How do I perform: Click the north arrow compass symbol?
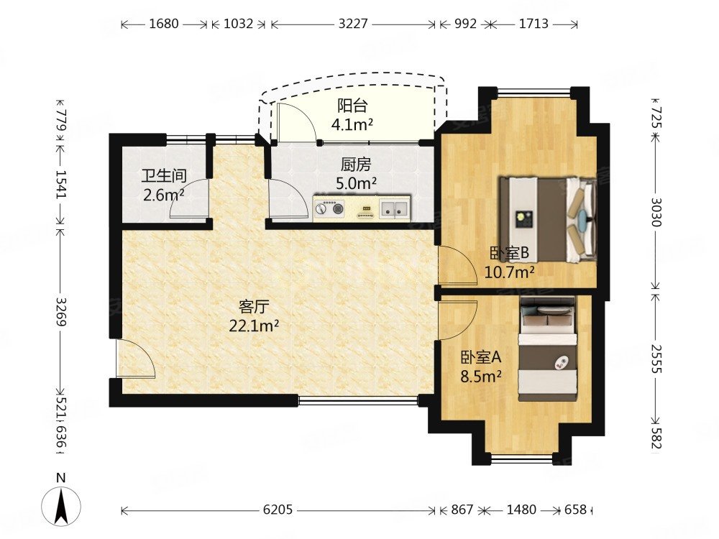(61, 507)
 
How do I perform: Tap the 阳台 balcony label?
(352, 106)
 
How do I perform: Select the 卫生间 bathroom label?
(164, 176)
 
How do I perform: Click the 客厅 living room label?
(254, 306)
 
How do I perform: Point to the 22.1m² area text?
(254, 326)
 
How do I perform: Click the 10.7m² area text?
(510, 272)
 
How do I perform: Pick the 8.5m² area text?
(480, 377)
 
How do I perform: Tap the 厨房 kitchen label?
(356, 164)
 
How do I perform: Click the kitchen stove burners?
(330, 208)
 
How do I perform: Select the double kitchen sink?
(394, 208)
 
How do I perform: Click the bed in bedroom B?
(548, 219)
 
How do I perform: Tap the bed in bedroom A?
(547, 349)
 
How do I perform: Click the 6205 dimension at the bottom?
(278, 510)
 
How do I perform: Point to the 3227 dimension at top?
(353, 24)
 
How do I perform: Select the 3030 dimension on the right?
(656, 212)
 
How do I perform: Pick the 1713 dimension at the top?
(533, 24)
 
